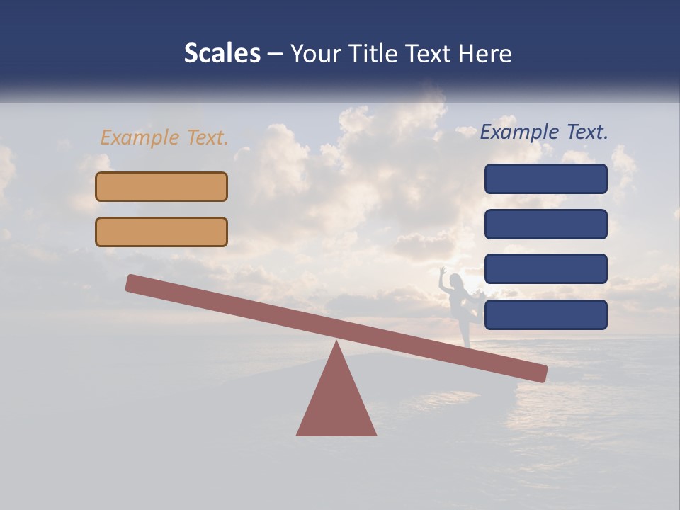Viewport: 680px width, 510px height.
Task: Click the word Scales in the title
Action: coord(222,53)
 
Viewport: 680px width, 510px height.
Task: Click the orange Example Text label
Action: coord(164,137)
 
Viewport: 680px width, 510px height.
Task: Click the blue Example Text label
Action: coord(544,132)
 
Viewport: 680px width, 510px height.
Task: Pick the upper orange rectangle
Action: coord(161,186)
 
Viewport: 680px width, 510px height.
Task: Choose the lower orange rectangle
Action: coord(161,232)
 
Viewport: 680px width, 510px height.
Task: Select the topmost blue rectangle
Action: coord(545,178)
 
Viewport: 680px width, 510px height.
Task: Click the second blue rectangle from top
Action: coord(545,224)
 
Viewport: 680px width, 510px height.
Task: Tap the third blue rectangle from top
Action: coord(545,268)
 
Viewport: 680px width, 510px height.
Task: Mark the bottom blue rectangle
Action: coord(545,314)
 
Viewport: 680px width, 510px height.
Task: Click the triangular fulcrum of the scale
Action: coord(336,404)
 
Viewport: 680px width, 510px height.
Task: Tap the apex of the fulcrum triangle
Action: coord(336,344)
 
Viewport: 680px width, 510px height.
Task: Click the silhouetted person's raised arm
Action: coord(442,278)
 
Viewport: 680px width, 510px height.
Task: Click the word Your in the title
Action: coord(312,53)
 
